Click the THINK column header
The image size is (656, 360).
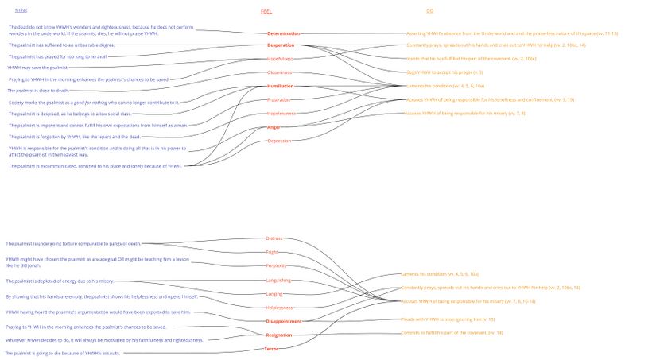point(21,10)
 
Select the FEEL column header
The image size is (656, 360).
point(266,11)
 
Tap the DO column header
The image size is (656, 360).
point(429,11)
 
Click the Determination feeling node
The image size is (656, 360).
point(284,33)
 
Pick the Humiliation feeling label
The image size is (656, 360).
point(281,86)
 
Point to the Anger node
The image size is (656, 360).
point(274,127)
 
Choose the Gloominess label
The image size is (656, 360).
point(280,72)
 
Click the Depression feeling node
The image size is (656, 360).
point(279,141)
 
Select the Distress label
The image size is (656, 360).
point(274,238)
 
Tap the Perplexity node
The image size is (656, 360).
point(276,266)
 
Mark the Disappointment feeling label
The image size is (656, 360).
point(284,321)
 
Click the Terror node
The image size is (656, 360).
point(271,349)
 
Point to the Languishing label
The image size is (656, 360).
point(278,280)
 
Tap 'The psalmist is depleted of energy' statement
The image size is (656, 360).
point(60,281)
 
